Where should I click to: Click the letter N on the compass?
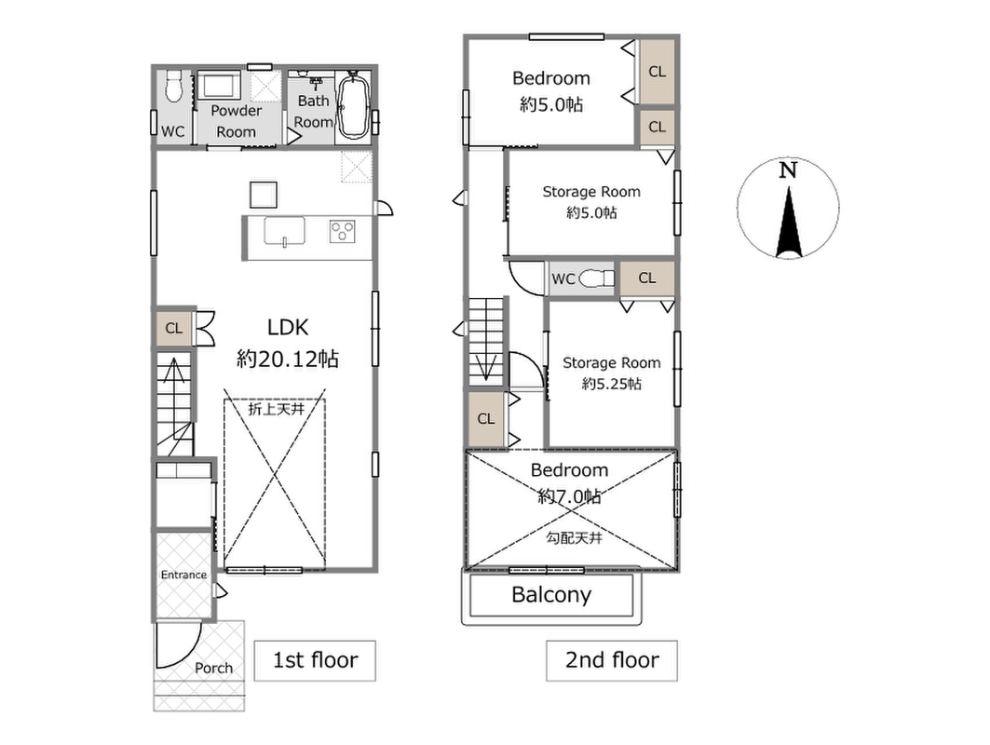click(x=788, y=170)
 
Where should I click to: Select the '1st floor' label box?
click(x=315, y=660)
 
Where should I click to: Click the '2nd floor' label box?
click(x=612, y=660)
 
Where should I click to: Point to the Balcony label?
click(x=551, y=595)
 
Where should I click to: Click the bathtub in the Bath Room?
click(x=353, y=104)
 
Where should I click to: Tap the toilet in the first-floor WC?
click(x=173, y=85)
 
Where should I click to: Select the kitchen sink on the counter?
click(x=284, y=231)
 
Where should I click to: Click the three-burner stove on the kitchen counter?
click(x=342, y=231)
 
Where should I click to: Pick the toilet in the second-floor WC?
click(x=596, y=278)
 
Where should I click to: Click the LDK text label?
click(x=288, y=327)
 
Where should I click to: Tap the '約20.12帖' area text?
click(x=288, y=359)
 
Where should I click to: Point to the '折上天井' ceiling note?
click(x=276, y=409)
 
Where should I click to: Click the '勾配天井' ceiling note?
click(x=574, y=538)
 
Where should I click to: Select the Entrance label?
click(x=183, y=575)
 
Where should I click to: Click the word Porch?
click(x=213, y=668)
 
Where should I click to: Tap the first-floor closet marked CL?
click(x=173, y=329)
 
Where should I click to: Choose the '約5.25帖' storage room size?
click(x=611, y=384)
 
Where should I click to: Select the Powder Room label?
click(x=237, y=121)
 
